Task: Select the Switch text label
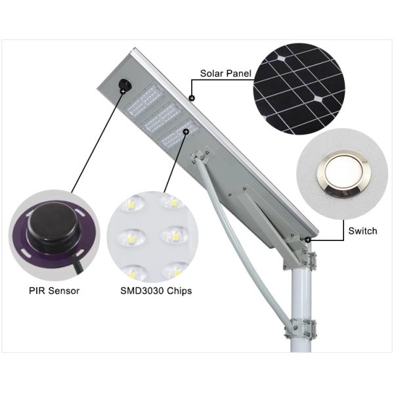pos(362,231)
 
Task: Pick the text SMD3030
pos(143,290)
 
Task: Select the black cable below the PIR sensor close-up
pos(77,267)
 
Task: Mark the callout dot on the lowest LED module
pos(186,132)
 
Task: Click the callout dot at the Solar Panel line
pos(192,98)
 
